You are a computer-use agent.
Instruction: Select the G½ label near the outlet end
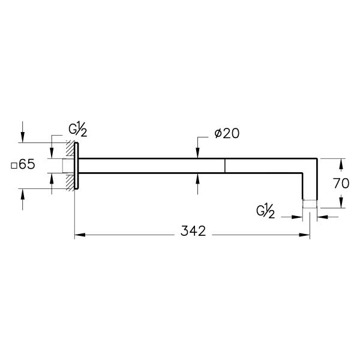coord(265,211)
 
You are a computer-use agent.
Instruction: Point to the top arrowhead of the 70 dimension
coord(341,163)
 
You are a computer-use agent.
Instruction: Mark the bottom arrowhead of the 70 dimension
coord(341,204)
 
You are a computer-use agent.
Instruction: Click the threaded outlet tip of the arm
coord(309,203)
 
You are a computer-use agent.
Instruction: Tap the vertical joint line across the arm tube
coord(225,166)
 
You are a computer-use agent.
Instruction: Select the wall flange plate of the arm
coord(77,166)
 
